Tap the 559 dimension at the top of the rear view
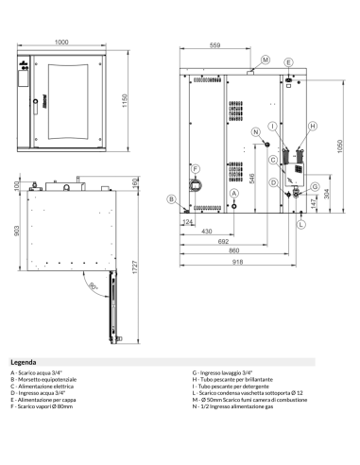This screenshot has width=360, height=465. pos(214,45)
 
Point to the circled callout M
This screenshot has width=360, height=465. pos(265,60)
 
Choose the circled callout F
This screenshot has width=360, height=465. pos(197,169)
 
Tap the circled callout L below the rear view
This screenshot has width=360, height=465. pos(300,226)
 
